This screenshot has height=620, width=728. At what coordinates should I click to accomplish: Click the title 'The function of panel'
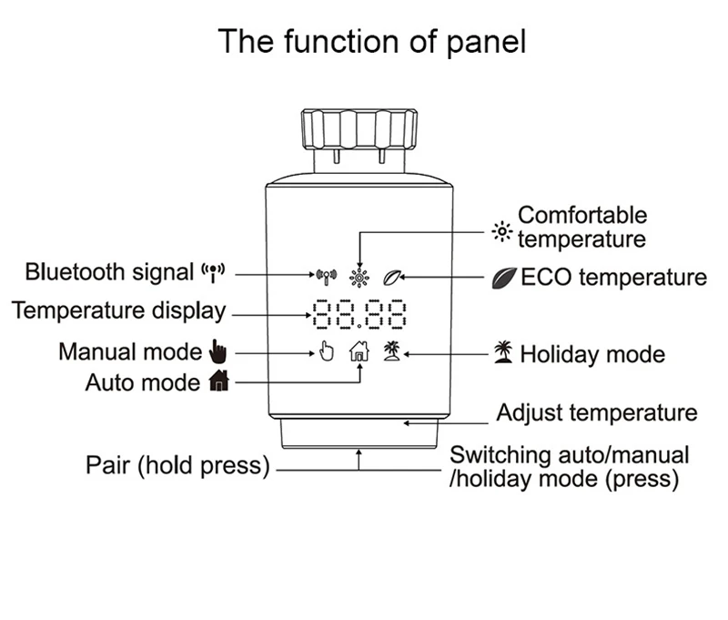click(371, 42)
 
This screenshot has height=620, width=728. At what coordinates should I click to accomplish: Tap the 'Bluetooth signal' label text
click(109, 271)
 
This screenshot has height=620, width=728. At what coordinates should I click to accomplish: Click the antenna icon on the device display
click(326, 273)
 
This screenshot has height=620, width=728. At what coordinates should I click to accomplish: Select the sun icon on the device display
click(359, 273)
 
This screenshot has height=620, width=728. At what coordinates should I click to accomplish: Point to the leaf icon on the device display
click(393, 273)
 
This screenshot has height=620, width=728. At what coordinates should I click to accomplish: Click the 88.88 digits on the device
click(359, 314)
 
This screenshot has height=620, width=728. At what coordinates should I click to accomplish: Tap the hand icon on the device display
click(327, 351)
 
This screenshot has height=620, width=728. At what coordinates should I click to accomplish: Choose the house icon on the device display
click(359, 351)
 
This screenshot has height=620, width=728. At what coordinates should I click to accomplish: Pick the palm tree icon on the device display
click(393, 351)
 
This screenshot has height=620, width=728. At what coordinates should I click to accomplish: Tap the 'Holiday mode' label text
click(592, 354)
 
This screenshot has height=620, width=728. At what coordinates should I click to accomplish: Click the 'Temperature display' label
click(118, 310)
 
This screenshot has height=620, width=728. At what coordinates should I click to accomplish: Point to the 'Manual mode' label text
click(130, 351)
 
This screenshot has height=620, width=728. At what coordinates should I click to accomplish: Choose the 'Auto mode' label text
click(142, 382)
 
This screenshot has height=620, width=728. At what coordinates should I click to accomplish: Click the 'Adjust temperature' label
click(596, 413)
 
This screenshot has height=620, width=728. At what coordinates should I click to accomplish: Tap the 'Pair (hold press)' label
click(178, 466)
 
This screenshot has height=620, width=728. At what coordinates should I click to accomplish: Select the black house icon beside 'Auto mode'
click(218, 382)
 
